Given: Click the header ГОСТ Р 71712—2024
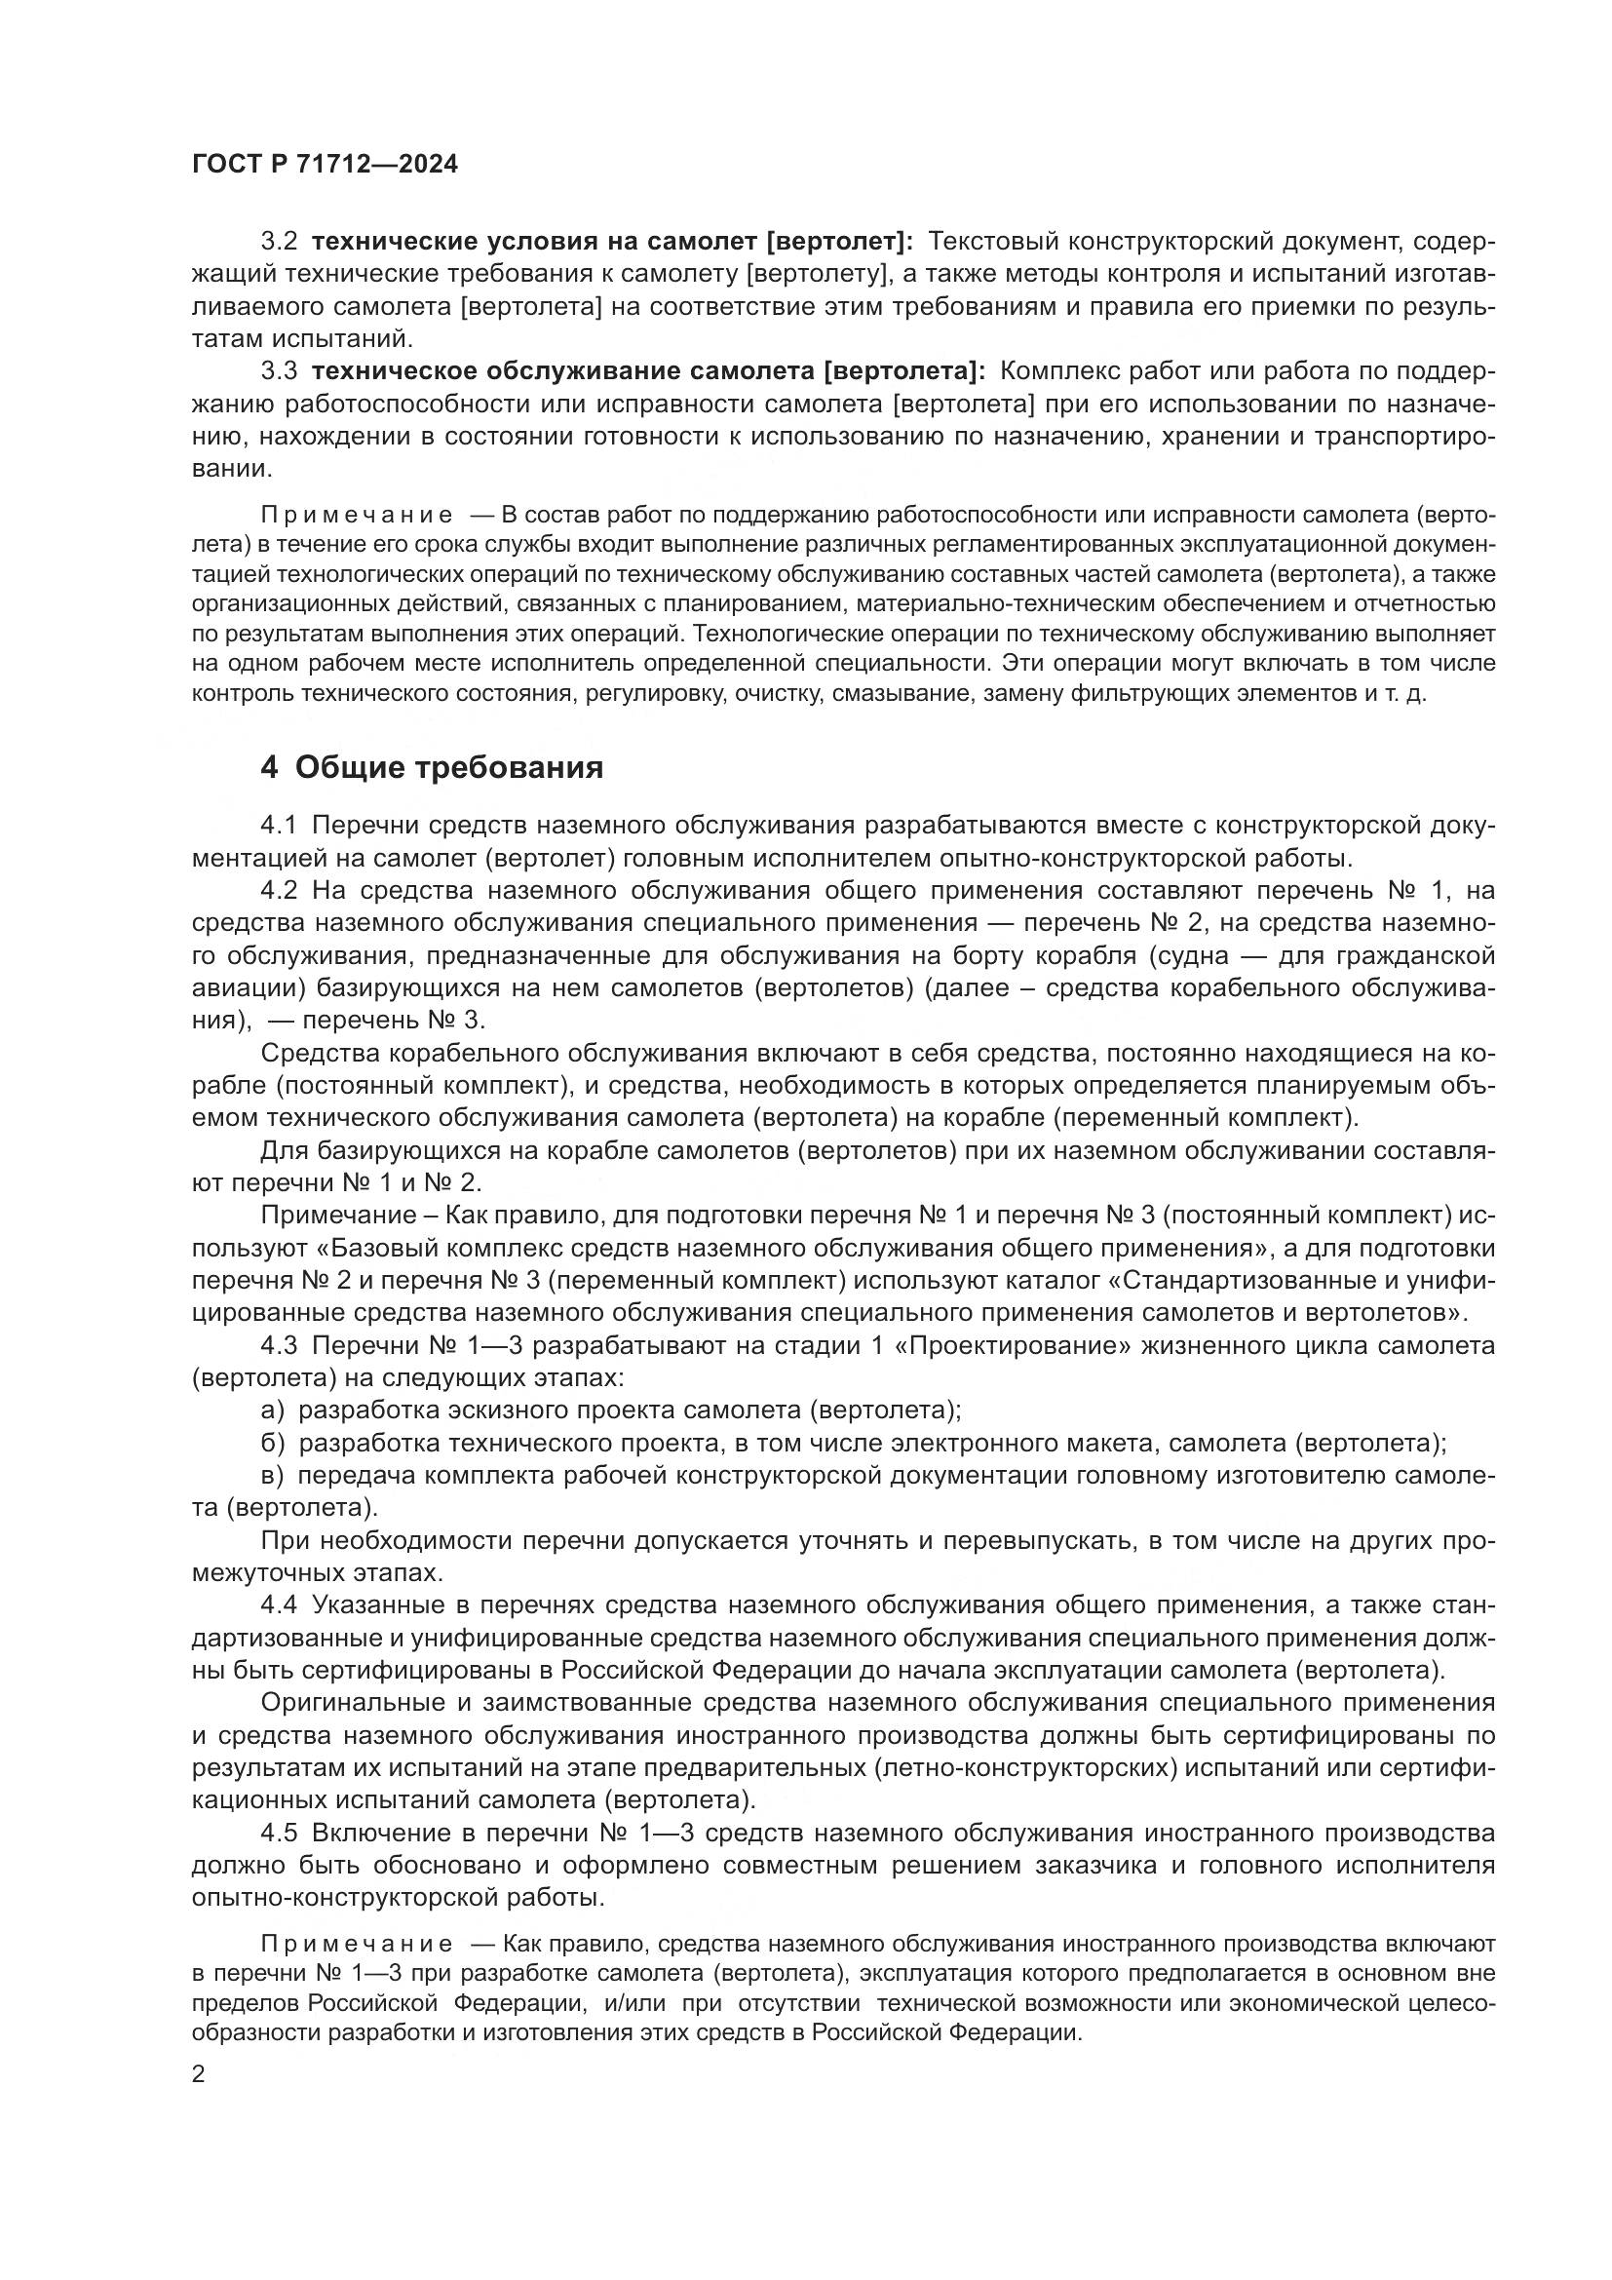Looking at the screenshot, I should [325, 165].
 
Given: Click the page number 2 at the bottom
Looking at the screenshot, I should [199, 2073].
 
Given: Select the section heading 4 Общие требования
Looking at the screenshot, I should [431, 767].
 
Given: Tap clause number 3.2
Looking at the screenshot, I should [279, 242].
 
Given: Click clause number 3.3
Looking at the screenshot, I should [279, 371].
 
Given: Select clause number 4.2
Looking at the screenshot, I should [279, 891].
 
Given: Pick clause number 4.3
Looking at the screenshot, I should [279, 1345].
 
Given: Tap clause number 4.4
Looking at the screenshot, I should [279, 1605].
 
